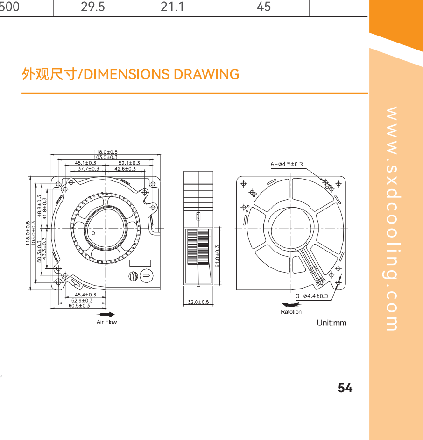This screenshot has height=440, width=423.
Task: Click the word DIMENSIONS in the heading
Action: click(127, 74)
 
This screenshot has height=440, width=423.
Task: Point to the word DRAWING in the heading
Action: click(206, 74)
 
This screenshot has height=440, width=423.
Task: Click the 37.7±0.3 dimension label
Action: click(88, 169)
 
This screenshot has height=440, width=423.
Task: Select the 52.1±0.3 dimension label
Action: click(129, 163)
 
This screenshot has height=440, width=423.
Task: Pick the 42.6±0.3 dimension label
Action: click(125, 169)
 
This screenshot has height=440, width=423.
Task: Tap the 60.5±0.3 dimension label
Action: click(79, 306)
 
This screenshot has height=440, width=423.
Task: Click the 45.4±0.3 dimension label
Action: click(85, 295)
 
